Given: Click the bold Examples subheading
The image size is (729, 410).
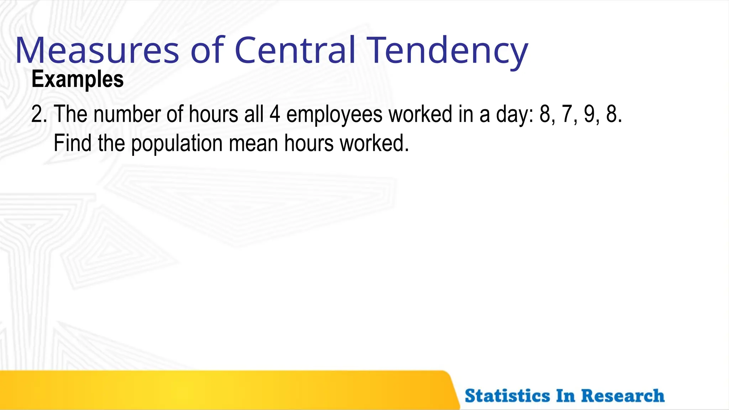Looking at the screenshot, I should point(78,79).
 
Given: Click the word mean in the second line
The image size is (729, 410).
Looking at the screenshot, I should point(253,143).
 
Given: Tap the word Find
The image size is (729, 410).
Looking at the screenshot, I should point(73,143).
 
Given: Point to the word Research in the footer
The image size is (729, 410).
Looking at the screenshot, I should point(623,396).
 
